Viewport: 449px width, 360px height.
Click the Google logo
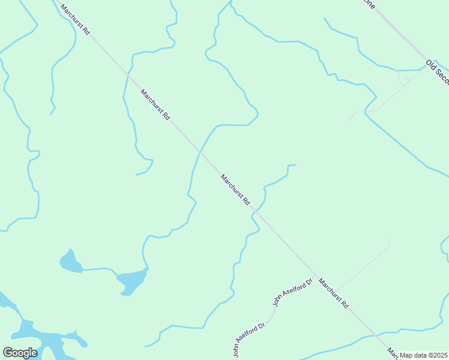[x=20, y=353]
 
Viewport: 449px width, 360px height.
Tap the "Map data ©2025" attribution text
[x=424, y=355]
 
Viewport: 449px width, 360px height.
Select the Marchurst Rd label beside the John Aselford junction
[x=333, y=292]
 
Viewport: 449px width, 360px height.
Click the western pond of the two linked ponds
[x=71, y=262]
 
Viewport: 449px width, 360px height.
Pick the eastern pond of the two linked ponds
[x=132, y=280]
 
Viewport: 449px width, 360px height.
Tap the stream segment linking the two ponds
[x=100, y=269]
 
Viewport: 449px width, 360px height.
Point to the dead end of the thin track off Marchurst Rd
[x=388, y=241]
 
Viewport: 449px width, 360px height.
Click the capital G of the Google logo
[x=7, y=353]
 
